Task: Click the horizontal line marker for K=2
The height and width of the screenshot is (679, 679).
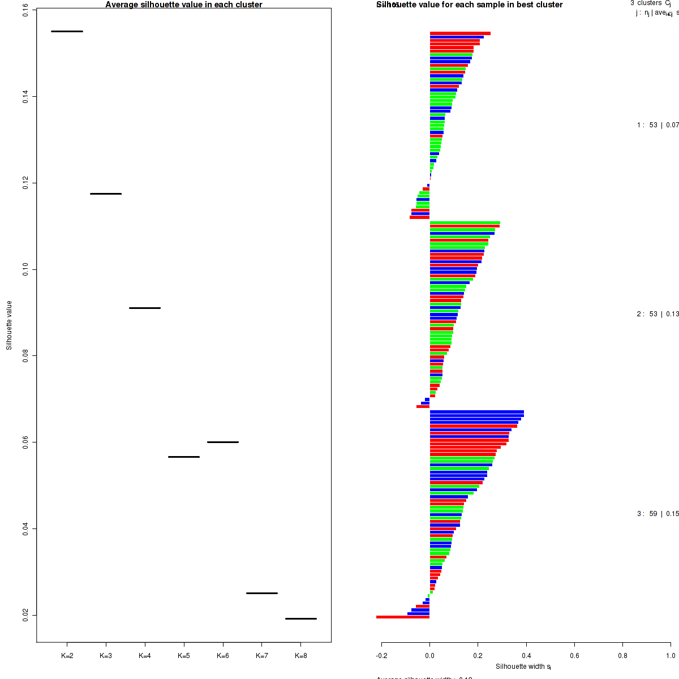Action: pos(67,31)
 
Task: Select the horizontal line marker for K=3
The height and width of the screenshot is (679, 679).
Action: pos(106,194)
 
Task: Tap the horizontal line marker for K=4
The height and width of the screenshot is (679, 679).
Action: pos(145,308)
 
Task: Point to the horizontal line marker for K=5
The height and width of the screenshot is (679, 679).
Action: pos(184,457)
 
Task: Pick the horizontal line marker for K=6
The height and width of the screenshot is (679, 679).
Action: pos(223,442)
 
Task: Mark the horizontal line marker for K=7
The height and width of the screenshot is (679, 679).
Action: pos(262,593)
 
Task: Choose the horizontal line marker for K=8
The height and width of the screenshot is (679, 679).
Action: pos(301,618)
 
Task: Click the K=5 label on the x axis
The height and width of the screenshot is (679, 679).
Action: pos(184,656)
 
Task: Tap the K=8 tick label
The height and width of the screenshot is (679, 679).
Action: pos(301,656)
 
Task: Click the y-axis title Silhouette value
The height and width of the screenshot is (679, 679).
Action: pos(9,325)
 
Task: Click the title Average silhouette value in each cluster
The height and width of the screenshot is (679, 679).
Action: pos(184,5)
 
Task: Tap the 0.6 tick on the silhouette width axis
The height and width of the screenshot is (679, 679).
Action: pos(574,656)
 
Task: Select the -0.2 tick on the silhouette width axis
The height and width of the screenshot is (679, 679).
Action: pos(381,656)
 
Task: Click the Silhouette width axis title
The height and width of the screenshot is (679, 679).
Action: pos(523,667)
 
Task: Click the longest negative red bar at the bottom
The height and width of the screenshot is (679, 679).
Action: pos(403,617)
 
